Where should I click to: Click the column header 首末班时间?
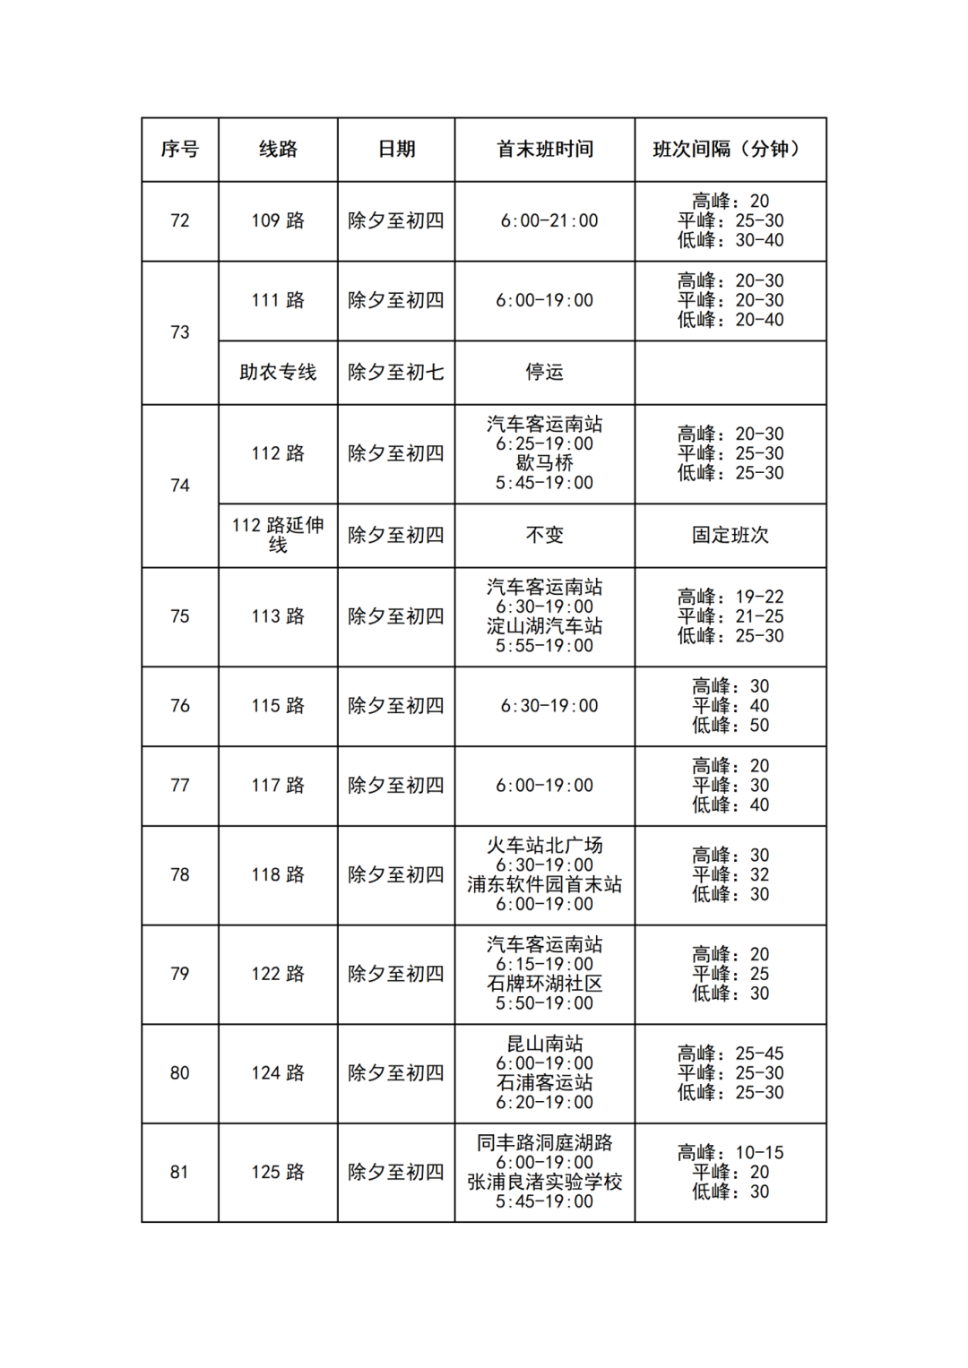(x=545, y=150)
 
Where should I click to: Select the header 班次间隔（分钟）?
(x=730, y=150)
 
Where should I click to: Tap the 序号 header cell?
(x=179, y=150)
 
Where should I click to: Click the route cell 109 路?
(x=278, y=221)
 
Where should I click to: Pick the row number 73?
(x=179, y=332)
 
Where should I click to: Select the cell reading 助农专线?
(x=278, y=373)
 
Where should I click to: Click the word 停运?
(x=545, y=373)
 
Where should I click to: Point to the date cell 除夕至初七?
(x=396, y=373)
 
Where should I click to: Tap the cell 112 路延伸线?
(x=278, y=535)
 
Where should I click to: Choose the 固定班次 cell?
(x=730, y=536)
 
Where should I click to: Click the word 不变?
(x=545, y=536)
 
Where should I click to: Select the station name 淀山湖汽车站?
(x=545, y=626)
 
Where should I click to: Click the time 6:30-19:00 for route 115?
(x=549, y=706)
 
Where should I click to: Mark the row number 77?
(x=179, y=786)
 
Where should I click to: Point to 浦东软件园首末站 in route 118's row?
(x=545, y=885)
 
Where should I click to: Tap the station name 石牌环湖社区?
(x=545, y=984)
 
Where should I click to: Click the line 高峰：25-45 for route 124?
(x=730, y=1054)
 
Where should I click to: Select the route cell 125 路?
(x=278, y=1173)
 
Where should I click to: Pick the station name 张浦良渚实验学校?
(x=545, y=1183)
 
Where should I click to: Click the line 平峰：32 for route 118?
(x=730, y=875)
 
